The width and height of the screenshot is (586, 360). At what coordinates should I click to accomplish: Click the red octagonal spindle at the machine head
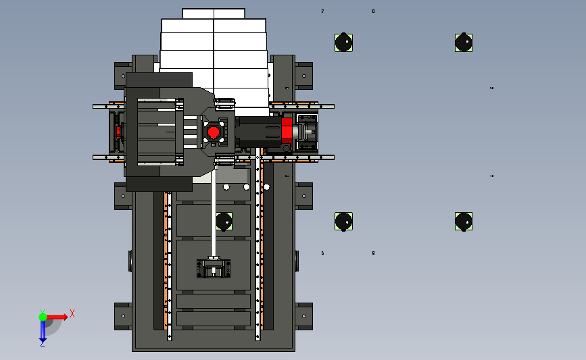[213, 132]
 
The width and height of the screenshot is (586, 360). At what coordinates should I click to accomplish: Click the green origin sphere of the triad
[43, 316]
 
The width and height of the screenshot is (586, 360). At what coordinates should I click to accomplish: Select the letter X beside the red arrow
[72, 313]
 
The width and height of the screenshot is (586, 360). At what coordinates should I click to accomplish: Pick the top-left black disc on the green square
[343, 43]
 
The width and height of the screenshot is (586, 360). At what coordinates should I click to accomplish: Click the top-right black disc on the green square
[464, 43]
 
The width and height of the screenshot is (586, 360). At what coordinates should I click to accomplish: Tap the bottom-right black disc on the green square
[464, 221]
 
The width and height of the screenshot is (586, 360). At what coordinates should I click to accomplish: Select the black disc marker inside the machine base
[224, 221]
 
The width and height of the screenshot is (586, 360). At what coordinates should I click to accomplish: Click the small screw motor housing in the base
[214, 268]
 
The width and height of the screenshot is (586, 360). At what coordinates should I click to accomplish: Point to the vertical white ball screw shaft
[214, 209]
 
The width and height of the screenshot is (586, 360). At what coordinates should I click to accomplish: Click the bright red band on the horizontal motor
[287, 130]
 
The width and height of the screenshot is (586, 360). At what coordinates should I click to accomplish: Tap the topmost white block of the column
[214, 14]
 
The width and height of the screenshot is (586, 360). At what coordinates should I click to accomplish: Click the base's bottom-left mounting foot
[123, 316]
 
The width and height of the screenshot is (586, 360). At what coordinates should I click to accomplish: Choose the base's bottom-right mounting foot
[304, 316]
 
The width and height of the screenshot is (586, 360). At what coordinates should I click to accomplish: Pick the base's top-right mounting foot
[304, 75]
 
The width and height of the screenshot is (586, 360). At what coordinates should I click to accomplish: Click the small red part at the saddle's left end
[118, 130]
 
